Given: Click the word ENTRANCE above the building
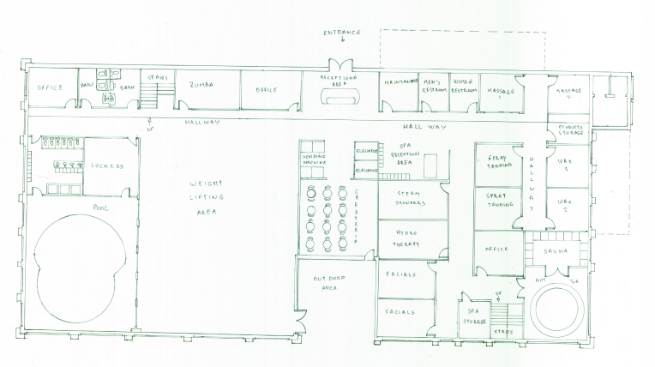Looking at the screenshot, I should click(x=342, y=32).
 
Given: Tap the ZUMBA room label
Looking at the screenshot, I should click(x=202, y=86).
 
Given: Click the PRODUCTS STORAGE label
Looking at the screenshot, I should click(x=568, y=130).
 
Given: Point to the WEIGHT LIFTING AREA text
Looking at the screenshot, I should click(x=208, y=196).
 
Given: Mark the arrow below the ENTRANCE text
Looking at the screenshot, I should click(x=342, y=40).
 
